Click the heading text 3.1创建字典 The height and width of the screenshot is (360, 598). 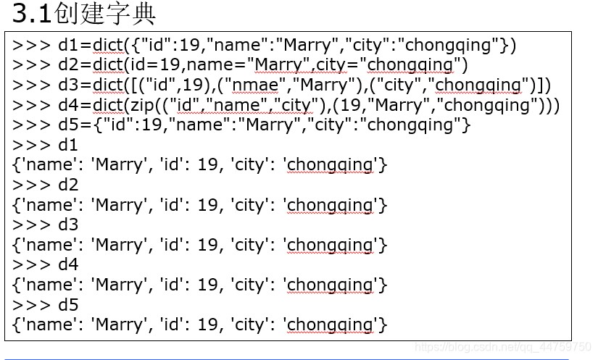(x=84, y=14)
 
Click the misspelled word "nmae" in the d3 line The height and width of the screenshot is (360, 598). (x=255, y=85)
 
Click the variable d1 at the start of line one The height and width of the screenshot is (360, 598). (x=68, y=45)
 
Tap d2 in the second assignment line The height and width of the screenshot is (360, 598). (x=68, y=65)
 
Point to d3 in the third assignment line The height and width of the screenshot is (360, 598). (x=68, y=85)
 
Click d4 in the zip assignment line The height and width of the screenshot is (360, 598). (x=68, y=106)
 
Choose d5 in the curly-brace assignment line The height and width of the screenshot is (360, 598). (x=68, y=125)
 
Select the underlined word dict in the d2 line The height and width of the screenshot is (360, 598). (x=107, y=65)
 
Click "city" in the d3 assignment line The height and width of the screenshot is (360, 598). (x=400, y=85)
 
